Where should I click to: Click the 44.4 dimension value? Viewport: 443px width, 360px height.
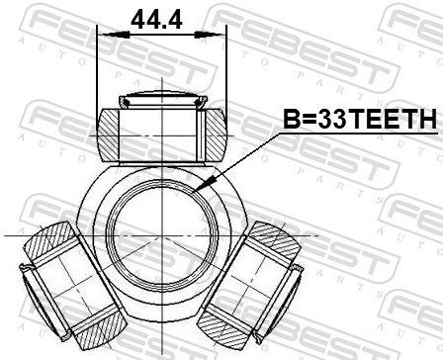tap(157, 20)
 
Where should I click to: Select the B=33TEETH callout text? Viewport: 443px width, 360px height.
tap(360, 119)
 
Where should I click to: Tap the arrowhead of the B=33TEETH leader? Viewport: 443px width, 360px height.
tap(202, 184)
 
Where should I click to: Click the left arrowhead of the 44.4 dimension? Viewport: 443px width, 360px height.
tap(114, 34)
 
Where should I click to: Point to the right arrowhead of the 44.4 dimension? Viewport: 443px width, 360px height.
tap(210, 34)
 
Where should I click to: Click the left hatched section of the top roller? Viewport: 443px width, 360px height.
tap(108, 135)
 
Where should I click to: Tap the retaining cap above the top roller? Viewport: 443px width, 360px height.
tap(163, 99)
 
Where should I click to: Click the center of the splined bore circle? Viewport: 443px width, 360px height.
tap(162, 235)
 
